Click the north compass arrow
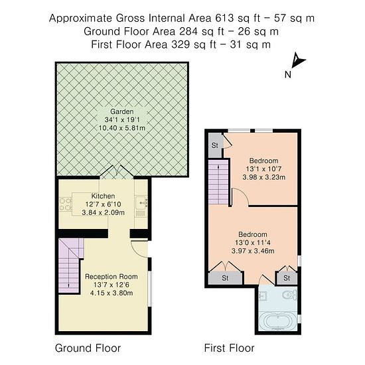click(x=298, y=60)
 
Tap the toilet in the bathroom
click(x=290, y=295)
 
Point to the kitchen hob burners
click(x=65, y=204)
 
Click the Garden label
click(x=122, y=111)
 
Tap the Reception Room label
click(x=111, y=277)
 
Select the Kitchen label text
click(x=103, y=196)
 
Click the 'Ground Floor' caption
click(x=88, y=348)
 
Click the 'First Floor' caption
click(x=230, y=348)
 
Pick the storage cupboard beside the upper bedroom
click(x=215, y=145)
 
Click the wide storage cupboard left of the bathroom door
click(x=225, y=278)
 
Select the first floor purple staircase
click(x=218, y=182)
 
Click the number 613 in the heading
click(x=224, y=18)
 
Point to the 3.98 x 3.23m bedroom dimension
click(x=263, y=177)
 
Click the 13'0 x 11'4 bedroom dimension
click(x=253, y=242)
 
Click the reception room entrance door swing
click(x=139, y=249)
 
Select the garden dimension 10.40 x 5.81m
click(x=122, y=128)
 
